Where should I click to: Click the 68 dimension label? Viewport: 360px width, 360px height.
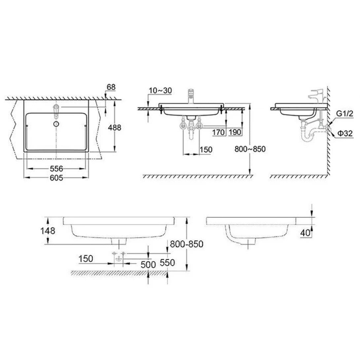point(111,87)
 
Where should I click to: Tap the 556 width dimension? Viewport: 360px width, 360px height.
point(56,168)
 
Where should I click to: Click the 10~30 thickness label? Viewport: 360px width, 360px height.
point(161,90)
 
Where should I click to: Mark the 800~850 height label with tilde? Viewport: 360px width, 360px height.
point(250,149)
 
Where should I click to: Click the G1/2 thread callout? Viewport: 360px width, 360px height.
point(345,114)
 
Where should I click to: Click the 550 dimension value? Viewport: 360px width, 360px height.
point(167,263)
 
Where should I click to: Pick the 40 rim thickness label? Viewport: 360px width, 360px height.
point(306,233)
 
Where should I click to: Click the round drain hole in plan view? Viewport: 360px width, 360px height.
point(56,124)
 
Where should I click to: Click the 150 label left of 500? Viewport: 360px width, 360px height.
point(86,258)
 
